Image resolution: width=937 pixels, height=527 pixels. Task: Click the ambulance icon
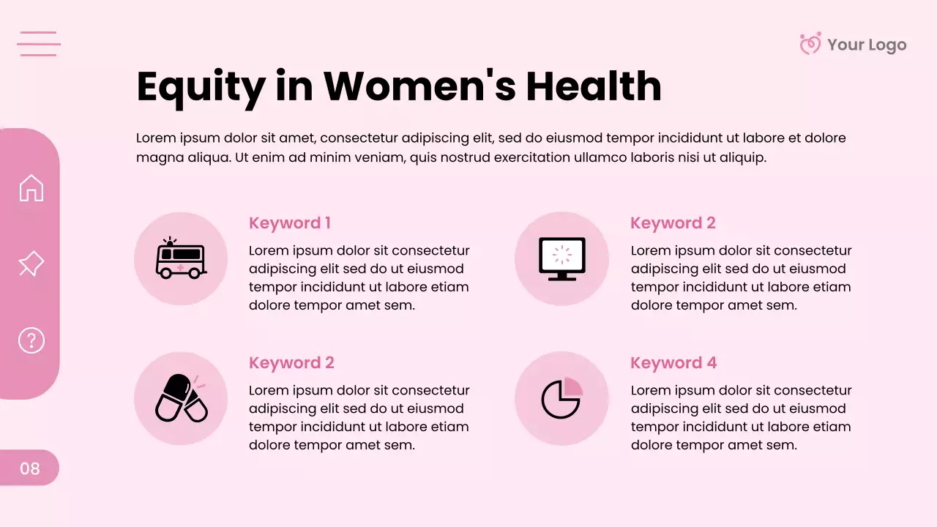(x=181, y=259)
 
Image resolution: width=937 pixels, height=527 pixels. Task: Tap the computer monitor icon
(x=561, y=258)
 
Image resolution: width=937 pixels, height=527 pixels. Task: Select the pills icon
(x=181, y=398)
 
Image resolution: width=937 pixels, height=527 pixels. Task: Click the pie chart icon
(x=561, y=398)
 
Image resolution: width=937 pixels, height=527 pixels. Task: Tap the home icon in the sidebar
(x=31, y=188)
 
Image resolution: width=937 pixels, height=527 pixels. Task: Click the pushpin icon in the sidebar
(x=31, y=263)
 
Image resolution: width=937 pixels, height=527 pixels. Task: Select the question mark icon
(x=31, y=340)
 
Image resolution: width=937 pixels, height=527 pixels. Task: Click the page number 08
(x=30, y=468)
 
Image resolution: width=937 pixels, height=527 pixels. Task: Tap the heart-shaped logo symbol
(x=810, y=44)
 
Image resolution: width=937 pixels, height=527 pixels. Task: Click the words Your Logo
(x=867, y=45)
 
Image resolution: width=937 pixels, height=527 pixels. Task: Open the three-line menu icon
(x=39, y=44)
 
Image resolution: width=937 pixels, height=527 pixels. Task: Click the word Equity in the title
(x=201, y=86)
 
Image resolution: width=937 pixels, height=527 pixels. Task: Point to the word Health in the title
(x=594, y=86)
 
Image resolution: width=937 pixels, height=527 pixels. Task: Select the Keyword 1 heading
(x=290, y=223)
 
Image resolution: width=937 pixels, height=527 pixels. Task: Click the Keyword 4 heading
(x=673, y=363)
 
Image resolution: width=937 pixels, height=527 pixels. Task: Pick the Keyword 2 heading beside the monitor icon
(x=673, y=223)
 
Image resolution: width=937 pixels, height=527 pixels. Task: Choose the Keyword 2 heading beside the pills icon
(x=291, y=363)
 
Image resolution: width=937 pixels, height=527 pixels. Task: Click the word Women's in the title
(x=419, y=86)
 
